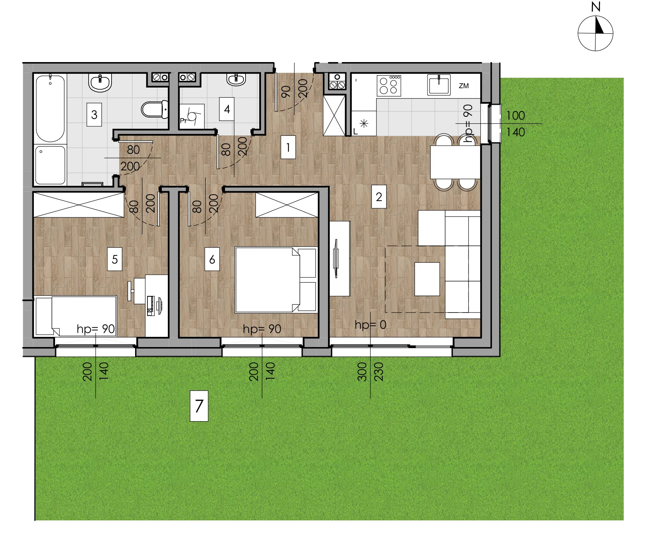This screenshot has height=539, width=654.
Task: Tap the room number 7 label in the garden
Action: point(199,406)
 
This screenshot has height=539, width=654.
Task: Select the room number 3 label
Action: point(94,115)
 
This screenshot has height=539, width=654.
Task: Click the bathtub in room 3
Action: point(50,108)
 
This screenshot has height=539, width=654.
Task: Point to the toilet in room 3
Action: point(155,109)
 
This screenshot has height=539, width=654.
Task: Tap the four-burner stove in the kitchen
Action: point(389,86)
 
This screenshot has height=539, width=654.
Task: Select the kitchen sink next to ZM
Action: point(439,85)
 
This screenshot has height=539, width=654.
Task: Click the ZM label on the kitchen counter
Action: point(464,86)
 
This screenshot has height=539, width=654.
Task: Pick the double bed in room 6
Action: point(276,280)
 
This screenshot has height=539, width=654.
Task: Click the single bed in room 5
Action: point(75,316)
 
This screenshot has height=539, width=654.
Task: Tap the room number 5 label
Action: point(115,259)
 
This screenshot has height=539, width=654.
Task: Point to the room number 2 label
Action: point(379,197)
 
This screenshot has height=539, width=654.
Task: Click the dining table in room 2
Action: point(455,162)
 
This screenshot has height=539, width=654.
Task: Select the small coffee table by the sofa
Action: point(427,279)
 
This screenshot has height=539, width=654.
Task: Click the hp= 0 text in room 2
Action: point(370,325)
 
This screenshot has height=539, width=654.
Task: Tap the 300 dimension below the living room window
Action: point(362,372)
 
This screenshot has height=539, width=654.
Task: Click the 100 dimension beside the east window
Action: point(515,115)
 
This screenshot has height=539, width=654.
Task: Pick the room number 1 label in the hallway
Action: point(288,147)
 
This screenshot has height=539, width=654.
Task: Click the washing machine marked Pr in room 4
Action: point(192,116)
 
